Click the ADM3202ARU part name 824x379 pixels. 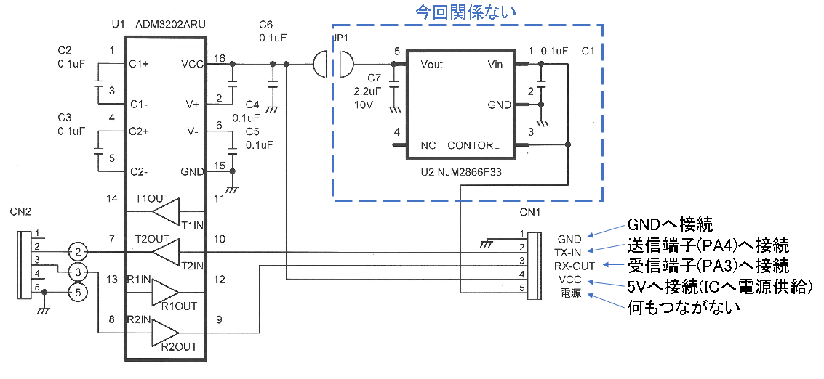[170, 25]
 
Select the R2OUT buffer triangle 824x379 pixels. [165, 333]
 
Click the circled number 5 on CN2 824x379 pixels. [78, 294]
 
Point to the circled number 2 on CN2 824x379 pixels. [78, 252]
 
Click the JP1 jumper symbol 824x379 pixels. [331, 64]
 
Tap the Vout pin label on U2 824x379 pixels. [432, 64]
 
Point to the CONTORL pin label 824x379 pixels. [473, 145]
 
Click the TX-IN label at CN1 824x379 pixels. [569, 251]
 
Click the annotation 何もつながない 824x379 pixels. [684, 307]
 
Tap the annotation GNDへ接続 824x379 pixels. [670, 223]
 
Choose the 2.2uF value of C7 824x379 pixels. [367, 91]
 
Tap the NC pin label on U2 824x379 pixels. [428, 145]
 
